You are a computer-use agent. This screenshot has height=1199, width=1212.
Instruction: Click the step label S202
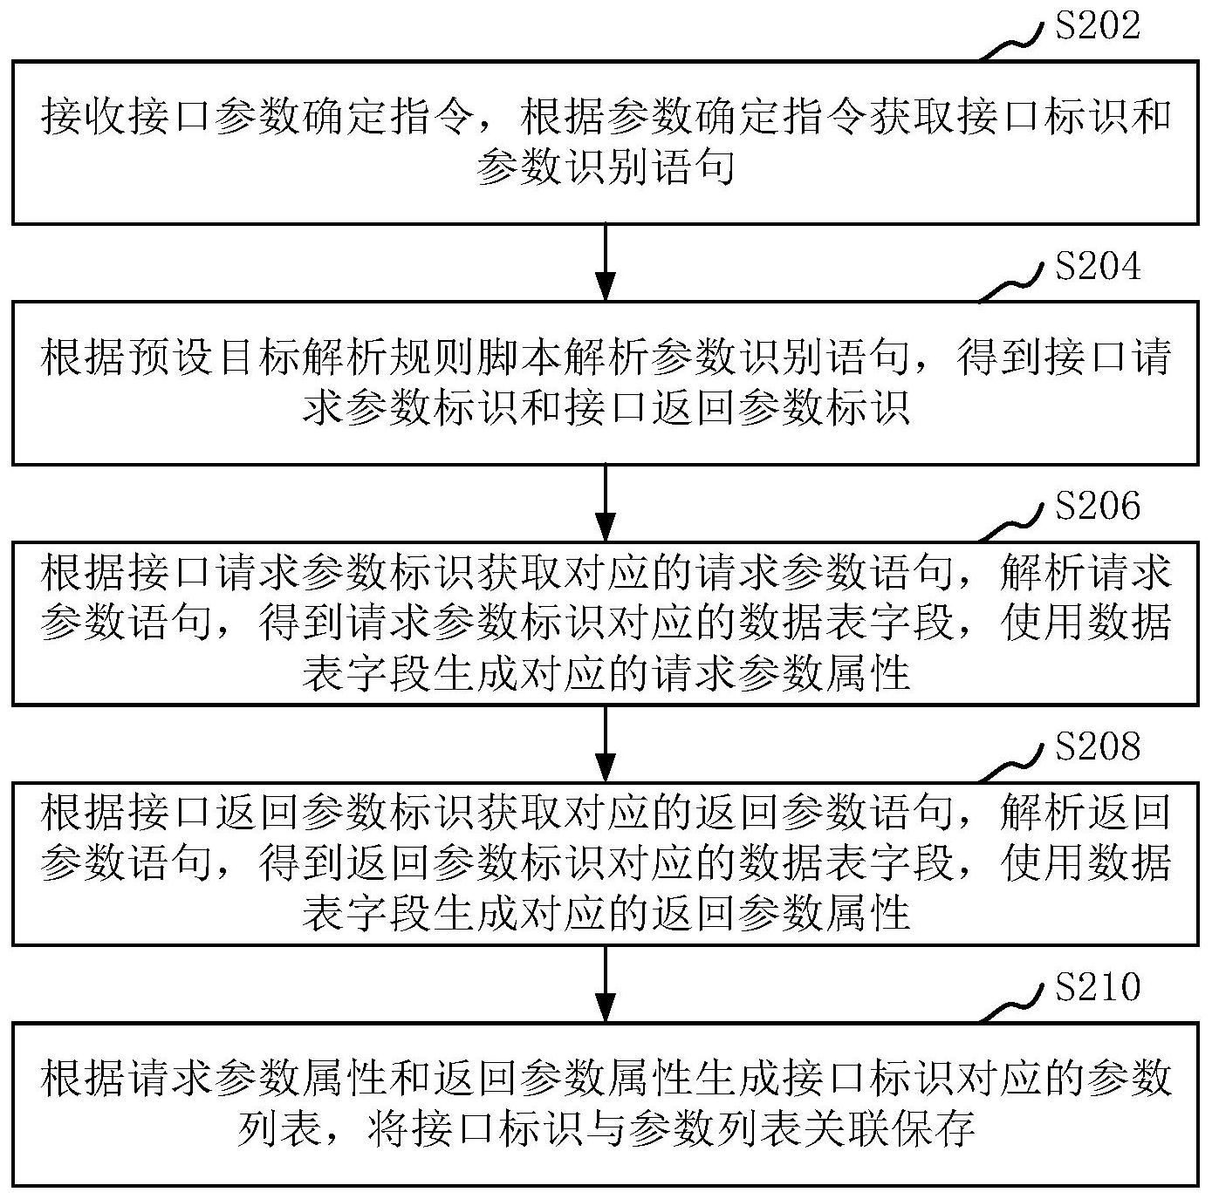(1098, 26)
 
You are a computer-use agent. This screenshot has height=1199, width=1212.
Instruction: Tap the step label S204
(1098, 266)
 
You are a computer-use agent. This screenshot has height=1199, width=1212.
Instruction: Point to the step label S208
(1098, 746)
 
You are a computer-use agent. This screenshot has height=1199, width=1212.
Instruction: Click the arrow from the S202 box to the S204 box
(605, 262)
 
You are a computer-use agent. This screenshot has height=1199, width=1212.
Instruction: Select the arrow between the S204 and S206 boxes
(605, 503)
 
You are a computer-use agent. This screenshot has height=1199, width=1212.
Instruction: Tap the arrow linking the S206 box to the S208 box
(605, 744)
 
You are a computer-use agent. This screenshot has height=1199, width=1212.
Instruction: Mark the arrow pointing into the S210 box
(605, 984)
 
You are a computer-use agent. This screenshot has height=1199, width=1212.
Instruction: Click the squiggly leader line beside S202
(1010, 46)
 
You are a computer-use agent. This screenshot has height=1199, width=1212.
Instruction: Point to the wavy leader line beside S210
(1010, 1006)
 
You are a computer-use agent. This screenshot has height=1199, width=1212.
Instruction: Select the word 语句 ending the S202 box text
(692, 167)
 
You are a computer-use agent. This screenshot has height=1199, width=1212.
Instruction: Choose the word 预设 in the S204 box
(170, 357)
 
